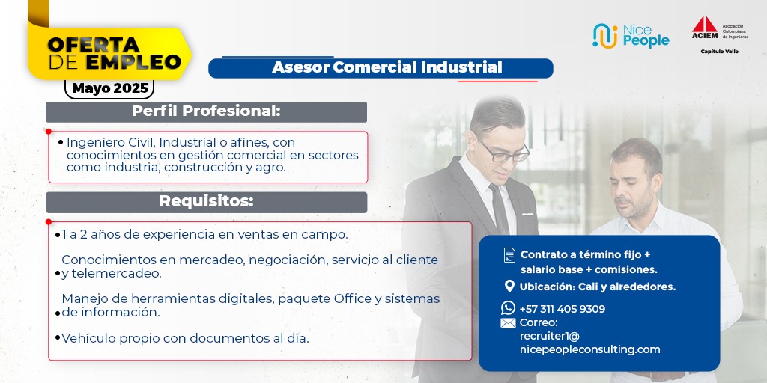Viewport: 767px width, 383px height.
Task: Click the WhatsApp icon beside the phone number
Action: tap(509, 307)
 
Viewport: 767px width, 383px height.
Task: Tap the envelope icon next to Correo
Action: tap(509, 323)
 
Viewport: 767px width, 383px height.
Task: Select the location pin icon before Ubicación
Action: tap(509, 287)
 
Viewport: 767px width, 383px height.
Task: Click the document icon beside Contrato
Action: tap(509, 255)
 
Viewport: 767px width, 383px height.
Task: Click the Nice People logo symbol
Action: tap(605, 36)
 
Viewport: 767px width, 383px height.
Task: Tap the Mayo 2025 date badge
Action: tap(109, 88)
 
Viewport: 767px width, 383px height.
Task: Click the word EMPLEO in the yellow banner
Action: tap(134, 62)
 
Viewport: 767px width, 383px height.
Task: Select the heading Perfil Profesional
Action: tap(206, 111)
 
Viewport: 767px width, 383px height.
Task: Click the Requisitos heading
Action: tap(206, 201)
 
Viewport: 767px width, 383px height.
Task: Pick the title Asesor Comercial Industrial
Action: tap(387, 67)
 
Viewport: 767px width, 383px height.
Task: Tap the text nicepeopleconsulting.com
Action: tap(590, 349)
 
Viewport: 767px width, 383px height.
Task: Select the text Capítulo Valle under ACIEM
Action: tap(719, 52)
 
